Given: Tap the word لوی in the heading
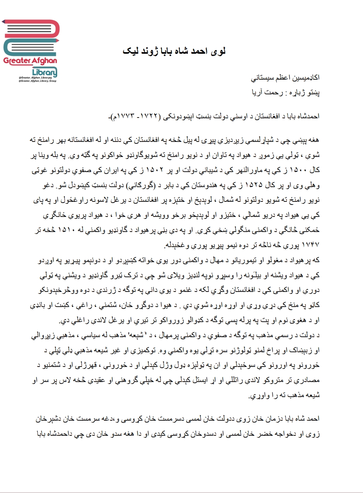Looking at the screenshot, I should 218,51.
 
